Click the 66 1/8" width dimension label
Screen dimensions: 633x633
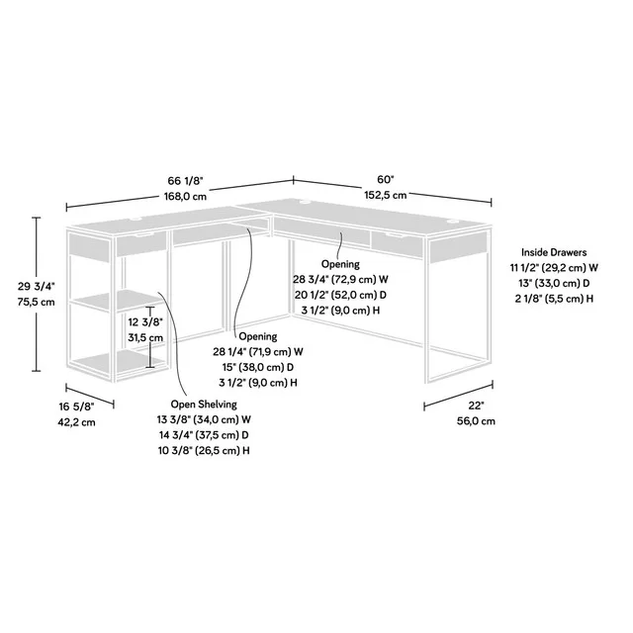tap(186, 180)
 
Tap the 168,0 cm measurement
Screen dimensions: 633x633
tap(186, 196)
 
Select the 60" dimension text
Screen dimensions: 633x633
tap(385, 179)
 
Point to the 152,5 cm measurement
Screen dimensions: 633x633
tap(385, 196)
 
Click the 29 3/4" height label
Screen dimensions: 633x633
tap(36, 286)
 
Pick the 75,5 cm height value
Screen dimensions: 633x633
tap(36, 302)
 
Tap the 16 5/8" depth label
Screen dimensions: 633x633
tap(75, 406)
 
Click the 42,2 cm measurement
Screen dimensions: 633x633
tap(75, 422)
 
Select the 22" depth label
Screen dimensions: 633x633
tap(476, 405)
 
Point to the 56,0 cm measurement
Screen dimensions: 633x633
tap(476, 421)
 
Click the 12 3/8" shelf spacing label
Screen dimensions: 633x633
tap(143, 321)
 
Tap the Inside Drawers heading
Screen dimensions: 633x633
tap(554, 252)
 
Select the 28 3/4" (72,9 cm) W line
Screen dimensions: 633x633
tap(340, 280)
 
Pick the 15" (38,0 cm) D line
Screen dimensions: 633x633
tap(257, 366)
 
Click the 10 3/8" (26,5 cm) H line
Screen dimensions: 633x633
tap(205, 450)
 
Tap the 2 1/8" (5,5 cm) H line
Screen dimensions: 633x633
tap(554, 298)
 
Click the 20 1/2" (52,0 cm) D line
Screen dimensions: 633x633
tap(340, 295)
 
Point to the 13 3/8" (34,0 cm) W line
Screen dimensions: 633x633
tap(205, 419)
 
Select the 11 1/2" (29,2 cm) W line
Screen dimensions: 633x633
tap(554, 267)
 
